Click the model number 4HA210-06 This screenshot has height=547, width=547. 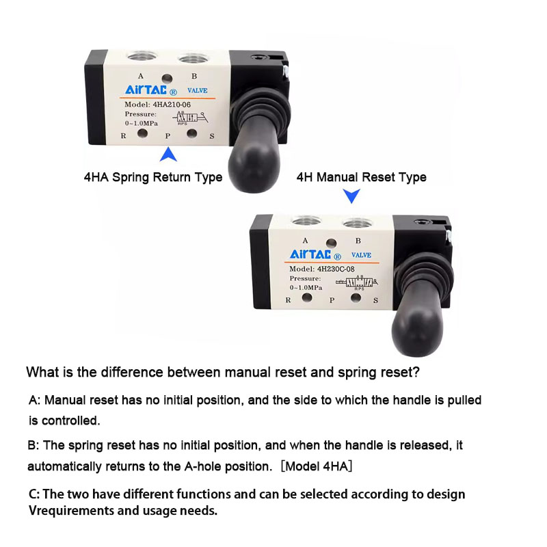pos(172,105)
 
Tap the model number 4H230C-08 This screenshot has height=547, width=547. pos(336,269)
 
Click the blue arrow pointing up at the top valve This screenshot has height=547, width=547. pos(168,155)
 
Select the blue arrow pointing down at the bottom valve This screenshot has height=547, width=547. pos(351,196)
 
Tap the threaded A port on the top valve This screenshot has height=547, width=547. pos(142,55)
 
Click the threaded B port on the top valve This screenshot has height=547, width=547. pos(193,58)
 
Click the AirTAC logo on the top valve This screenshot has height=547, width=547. pos(150,90)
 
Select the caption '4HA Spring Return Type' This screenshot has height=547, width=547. pos(153,177)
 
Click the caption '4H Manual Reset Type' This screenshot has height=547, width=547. pos(362,177)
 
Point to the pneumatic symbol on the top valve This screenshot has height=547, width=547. pos(190,118)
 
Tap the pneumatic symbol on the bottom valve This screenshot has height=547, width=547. pos(357,282)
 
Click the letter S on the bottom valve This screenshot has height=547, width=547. pos(375,300)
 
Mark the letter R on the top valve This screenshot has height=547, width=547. pos(123,135)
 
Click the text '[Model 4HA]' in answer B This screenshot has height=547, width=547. pos(317,466)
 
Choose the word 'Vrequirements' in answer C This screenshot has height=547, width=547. pos(71,511)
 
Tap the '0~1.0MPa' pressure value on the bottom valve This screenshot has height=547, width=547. pos(306,287)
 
